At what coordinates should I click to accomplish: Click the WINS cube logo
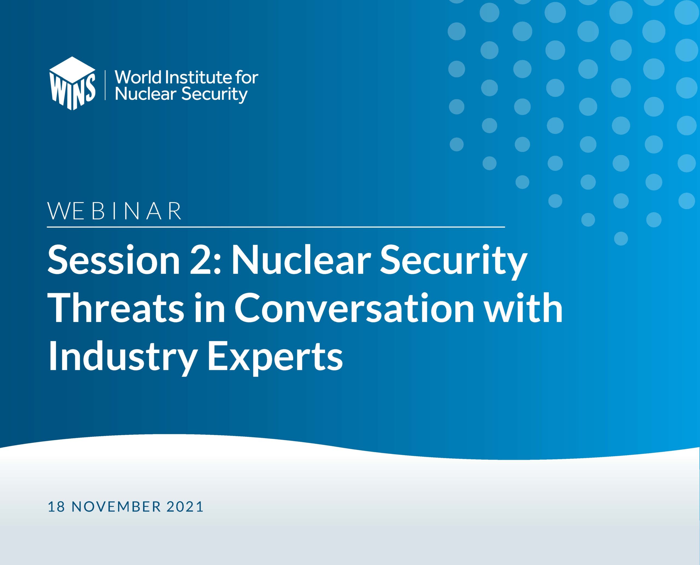[72, 83]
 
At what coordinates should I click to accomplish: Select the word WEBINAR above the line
[115, 211]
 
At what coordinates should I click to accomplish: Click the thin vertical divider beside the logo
[106, 85]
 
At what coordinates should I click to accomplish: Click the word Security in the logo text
[214, 94]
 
